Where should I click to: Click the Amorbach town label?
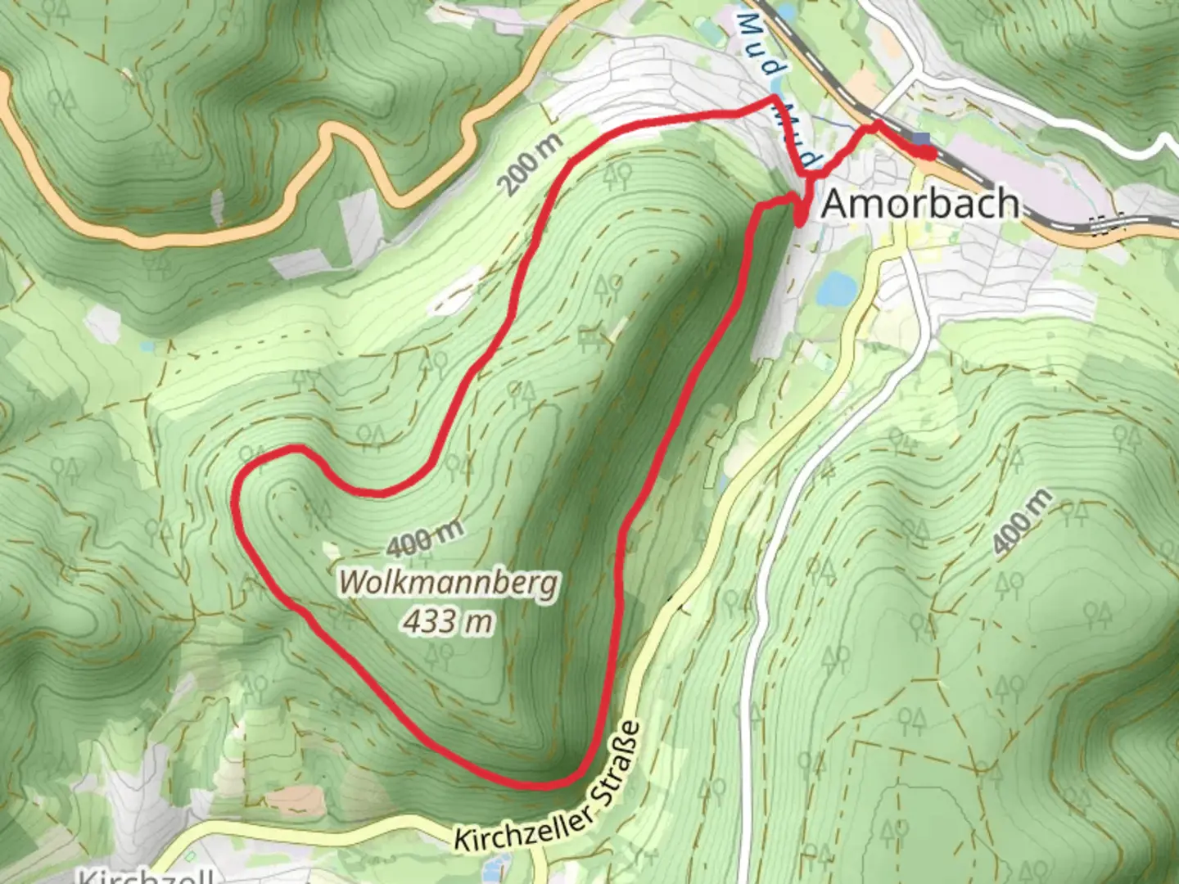[x=920, y=203]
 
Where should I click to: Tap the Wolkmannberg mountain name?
[x=449, y=583]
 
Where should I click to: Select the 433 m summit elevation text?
[x=448, y=621]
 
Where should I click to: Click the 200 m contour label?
[x=532, y=164]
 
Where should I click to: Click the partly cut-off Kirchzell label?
[x=147, y=876]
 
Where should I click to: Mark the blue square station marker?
[x=923, y=140]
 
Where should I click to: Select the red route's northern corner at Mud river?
[x=775, y=99]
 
